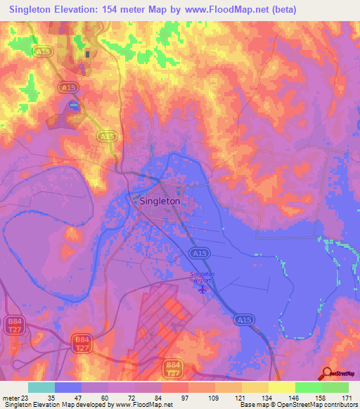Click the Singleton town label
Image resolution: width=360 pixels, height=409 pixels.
pos(160,201)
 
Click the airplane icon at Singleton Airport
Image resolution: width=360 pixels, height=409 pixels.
pos(204,287)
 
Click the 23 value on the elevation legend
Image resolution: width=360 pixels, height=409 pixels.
pos(26,397)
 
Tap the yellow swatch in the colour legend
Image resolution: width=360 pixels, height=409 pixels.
pos(281,387)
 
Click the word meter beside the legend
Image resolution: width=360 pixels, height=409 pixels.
pos(10,397)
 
